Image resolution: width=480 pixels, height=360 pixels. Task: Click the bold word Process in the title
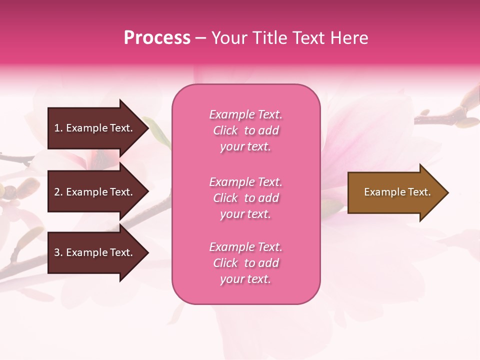click(x=157, y=38)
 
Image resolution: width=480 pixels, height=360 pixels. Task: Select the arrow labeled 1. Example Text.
click(x=95, y=128)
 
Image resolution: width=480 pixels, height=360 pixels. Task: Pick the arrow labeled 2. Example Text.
click(x=95, y=192)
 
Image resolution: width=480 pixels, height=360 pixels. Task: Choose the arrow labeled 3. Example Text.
click(x=95, y=252)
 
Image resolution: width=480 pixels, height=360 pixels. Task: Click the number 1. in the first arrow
click(x=58, y=128)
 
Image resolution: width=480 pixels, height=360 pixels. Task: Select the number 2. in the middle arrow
click(x=58, y=192)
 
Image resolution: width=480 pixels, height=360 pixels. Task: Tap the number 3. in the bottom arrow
click(x=58, y=252)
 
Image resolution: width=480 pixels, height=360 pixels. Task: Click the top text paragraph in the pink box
click(x=245, y=130)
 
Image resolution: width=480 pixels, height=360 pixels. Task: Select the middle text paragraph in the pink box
click(x=245, y=198)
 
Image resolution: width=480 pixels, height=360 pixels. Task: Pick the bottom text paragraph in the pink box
click(x=245, y=263)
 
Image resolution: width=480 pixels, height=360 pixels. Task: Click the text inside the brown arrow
click(x=397, y=192)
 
